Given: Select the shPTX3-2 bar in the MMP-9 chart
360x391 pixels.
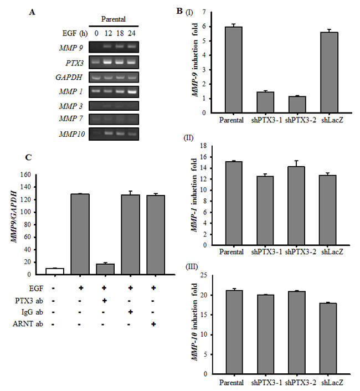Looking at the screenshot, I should [299, 105].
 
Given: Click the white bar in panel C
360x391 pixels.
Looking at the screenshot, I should [55, 271].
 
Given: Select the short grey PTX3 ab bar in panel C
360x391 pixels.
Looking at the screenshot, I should [105, 269].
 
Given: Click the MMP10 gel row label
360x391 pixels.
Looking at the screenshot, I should [75, 133].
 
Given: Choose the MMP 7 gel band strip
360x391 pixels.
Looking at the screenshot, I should [116, 119].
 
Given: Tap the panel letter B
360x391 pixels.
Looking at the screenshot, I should [179, 11].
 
